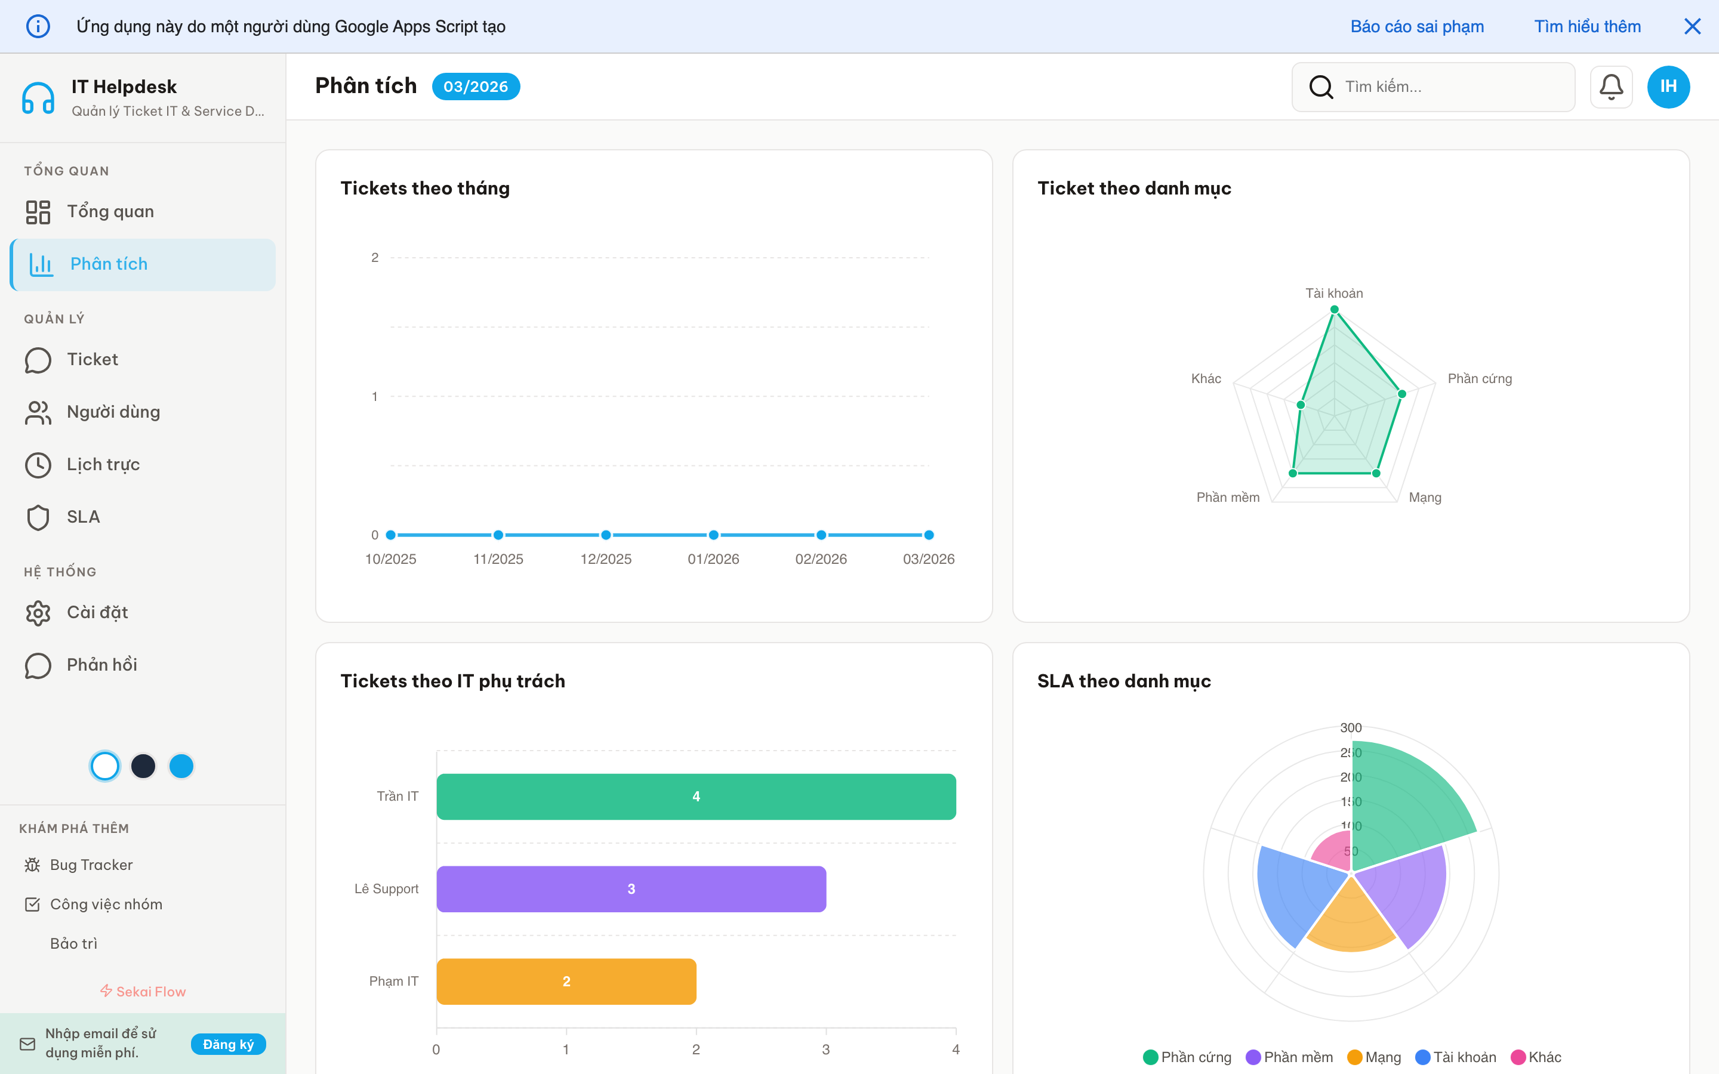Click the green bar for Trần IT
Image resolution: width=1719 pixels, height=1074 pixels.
click(x=696, y=797)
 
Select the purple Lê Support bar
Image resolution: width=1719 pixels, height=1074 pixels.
click(x=631, y=888)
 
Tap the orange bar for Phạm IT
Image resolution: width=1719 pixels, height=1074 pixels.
click(x=566, y=981)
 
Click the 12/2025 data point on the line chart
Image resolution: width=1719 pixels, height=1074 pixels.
click(x=606, y=535)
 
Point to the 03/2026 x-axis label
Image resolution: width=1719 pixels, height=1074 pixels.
click(x=928, y=559)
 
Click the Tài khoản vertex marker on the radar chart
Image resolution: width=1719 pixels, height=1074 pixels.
click(x=1335, y=310)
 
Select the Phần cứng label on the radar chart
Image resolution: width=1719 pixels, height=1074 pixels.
click(x=1480, y=379)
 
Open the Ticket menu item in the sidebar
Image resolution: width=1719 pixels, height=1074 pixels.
click(x=93, y=359)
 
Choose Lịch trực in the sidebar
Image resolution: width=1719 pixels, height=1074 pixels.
click(x=103, y=465)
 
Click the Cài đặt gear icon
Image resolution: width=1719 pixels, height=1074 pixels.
click(x=38, y=612)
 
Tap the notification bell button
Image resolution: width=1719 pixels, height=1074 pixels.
click(x=1611, y=87)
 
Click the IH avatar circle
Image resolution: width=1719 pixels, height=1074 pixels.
click(x=1668, y=87)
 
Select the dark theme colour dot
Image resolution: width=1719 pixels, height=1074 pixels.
click(x=143, y=766)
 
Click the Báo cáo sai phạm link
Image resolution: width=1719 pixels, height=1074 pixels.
click(x=1417, y=26)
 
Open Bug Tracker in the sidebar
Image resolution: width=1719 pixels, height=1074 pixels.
click(x=91, y=865)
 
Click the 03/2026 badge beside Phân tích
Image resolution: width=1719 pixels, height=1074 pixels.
click(x=476, y=87)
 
